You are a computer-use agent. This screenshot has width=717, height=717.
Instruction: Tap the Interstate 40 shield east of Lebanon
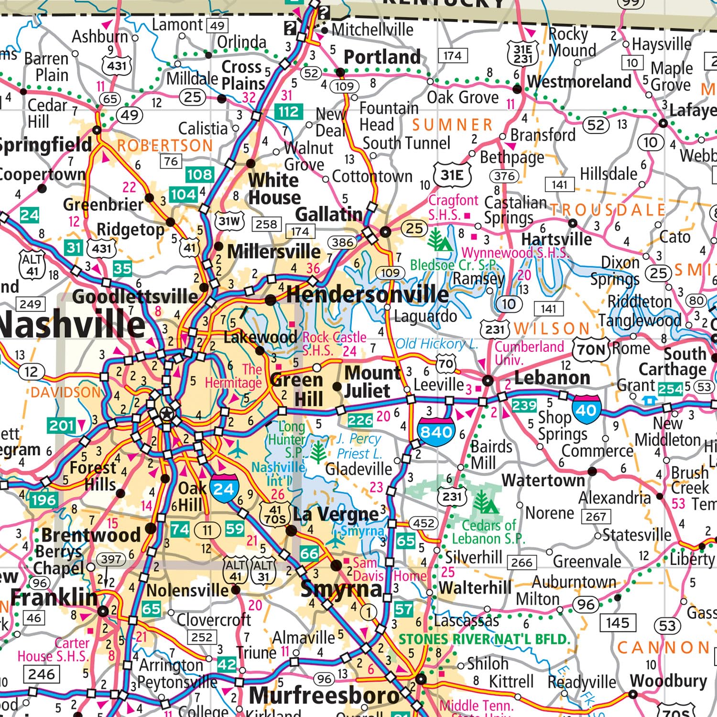(x=586, y=410)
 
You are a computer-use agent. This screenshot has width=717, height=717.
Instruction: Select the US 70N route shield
(x=591, y=349)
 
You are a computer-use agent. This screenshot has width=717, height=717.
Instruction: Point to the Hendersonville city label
(x=367, y=294)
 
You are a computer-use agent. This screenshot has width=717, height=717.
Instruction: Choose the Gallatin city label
(x=329, y=215)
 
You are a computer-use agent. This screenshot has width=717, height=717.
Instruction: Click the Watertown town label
(x=543, y=480)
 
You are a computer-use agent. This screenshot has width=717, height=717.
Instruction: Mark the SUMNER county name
(x=452, y=125)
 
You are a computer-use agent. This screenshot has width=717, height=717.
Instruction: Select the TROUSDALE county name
(x=607, y=209)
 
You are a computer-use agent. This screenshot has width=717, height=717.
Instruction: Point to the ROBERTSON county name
(x=165, y=146)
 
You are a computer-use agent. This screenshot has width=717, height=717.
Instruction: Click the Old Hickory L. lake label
(x=436, y=344)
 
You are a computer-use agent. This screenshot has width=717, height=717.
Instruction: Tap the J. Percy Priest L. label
(x=359, y=446)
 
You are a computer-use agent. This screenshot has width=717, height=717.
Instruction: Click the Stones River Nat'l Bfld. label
(x=484, y=639)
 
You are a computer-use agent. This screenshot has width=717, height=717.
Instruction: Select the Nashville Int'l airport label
(x=279, y=473)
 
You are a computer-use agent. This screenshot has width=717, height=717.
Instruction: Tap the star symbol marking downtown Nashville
(x=166, y=414)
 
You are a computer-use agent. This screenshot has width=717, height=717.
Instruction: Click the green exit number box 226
(x=360, y=420)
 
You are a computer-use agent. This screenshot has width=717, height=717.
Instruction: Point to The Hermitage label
(x=234, y=376)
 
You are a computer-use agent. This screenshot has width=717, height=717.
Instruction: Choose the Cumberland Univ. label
(x=529, y=352)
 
